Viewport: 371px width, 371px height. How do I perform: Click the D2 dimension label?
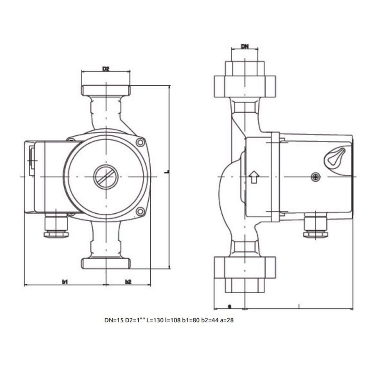(x=106, y=69)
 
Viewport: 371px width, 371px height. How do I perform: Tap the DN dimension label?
(x=245, y=46)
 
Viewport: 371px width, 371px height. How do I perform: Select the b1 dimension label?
(x=65, y=281)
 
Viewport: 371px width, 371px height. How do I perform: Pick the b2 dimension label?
(x=128, y=281)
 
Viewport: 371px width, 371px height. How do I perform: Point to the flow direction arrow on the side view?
(x=254, y=177)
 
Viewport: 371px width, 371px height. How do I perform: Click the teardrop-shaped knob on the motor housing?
(x=335, y=157)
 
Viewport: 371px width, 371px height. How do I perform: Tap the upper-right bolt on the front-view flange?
(x=141, y=142)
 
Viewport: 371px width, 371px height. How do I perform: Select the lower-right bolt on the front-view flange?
(x=141, y=211)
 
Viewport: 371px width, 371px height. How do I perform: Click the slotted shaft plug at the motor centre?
(x=106, y=177)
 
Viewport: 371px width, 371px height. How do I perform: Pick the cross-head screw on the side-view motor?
(x=316, y=177)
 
